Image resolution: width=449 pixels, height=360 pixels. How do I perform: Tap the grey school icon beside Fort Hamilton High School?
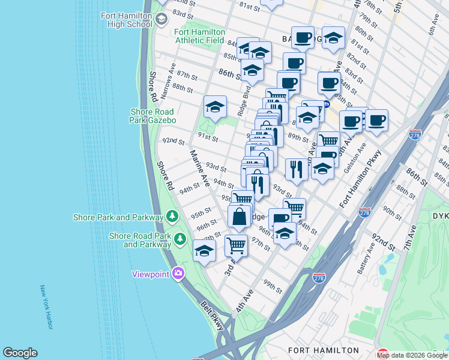click(x=161, y=20)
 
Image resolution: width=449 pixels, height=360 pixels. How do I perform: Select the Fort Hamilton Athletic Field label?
click(x=200, y=36)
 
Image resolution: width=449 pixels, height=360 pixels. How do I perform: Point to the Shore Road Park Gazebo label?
click(x=153, y=116)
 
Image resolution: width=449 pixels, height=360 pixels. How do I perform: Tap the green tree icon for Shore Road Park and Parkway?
click(x=179, y=240)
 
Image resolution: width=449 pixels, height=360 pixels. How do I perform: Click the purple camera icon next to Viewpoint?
click(x=178, y=274)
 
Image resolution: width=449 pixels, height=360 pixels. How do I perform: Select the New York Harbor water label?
click(x=46, y=307)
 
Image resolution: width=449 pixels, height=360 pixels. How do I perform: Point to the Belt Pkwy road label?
click(x=212, y=314)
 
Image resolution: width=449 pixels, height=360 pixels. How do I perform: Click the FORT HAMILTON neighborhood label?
click(x=323, y=350)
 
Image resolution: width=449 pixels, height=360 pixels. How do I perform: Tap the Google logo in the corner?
click(x=20, y=353)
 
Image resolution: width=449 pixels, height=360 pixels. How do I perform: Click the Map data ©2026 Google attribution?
click(x=412, y=355)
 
